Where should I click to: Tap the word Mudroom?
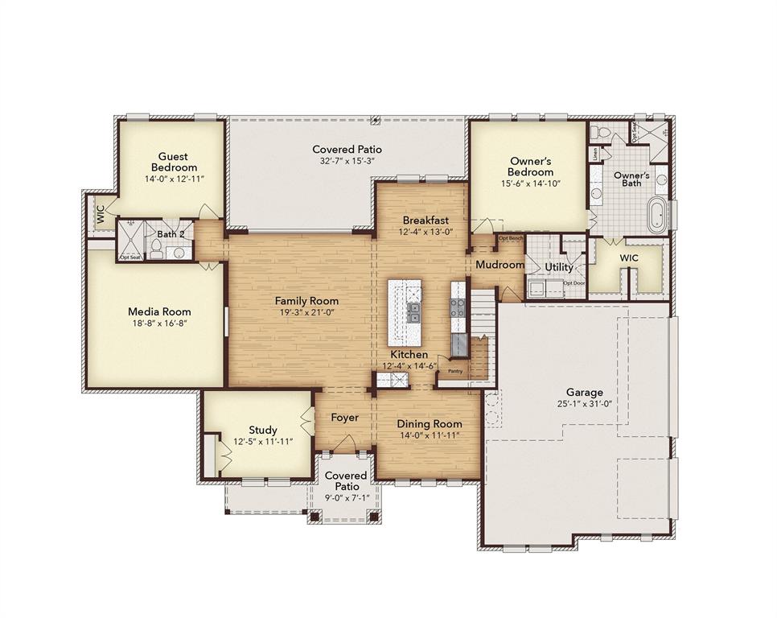[x=499, y=265]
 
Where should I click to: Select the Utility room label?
[x=559, y=267]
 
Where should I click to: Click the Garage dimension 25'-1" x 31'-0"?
[x=585, y=404]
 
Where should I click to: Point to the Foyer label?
[x=344, y=418]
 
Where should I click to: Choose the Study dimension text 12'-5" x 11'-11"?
[x=262, y=442]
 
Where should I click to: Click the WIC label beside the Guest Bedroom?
[x=101, y=214]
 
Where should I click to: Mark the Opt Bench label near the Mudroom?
[x=511, y=238]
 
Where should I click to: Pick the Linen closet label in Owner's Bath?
[x=594, y=153]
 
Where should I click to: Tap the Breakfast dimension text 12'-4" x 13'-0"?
[x=425, y=232]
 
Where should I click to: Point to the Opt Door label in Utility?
[x=573, y=283]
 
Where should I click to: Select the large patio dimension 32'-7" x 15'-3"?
[x=347, y=161]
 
